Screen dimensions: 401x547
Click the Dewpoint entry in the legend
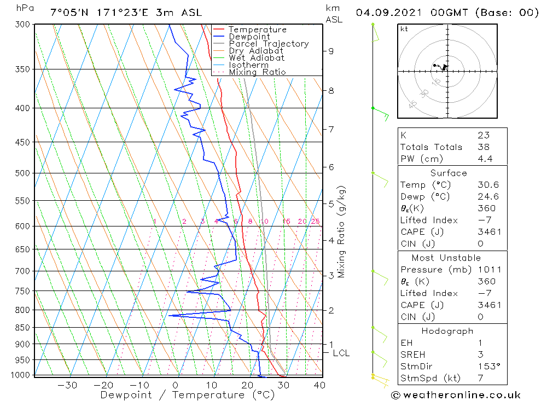[x=249, y=37]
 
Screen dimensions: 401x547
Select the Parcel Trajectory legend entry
[x=269, y=44]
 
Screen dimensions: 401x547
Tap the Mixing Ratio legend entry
[x=257, y=72]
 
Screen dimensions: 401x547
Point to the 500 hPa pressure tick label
[x=22, y=173]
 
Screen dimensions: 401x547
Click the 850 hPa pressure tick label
[x=22, y=328]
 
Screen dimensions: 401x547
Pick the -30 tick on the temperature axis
[x=67, y=385]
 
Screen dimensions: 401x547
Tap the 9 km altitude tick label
[x=331, y=51]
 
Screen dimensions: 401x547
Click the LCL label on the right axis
[x=341, y=353]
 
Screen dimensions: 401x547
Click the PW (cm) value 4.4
[x=485, y=159]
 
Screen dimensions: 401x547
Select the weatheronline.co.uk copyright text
[x=456, y=395]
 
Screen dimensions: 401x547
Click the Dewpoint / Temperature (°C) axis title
[x=187, y=395]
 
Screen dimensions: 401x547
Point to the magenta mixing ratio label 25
[x=315, y=222]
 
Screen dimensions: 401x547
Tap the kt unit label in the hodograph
[x=404, y=29]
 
